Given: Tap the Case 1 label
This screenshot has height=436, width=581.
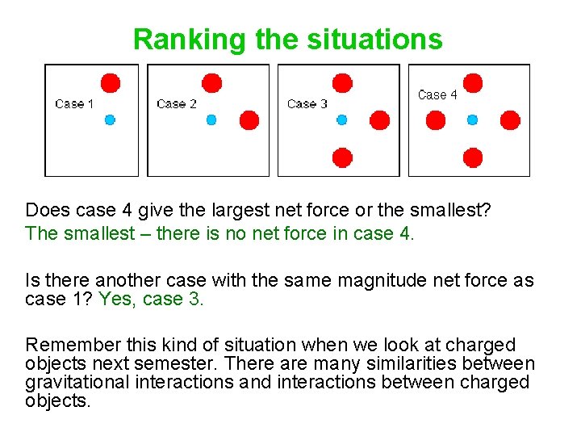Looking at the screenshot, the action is (74, 103).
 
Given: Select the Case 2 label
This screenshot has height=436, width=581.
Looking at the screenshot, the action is (177, 103).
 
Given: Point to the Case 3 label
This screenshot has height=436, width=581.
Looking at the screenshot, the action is (307, 103).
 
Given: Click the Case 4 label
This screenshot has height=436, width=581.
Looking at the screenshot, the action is (437, 94).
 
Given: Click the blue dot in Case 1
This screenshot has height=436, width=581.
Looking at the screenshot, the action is (110, 119).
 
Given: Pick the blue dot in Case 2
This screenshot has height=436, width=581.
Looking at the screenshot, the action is (211, 119).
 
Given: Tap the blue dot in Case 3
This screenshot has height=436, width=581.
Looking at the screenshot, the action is (341, 119).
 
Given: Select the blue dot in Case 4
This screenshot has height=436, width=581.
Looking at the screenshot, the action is (472, 119).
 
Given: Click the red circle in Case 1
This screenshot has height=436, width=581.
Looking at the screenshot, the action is (111, 82).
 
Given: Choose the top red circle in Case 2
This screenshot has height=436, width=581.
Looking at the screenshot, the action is (212, 82).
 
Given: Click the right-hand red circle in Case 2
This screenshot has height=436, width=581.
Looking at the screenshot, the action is (249, 120).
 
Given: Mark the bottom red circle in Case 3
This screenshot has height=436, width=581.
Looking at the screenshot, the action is (342, 157).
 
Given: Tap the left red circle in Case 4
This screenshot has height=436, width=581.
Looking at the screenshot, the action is (436, 120).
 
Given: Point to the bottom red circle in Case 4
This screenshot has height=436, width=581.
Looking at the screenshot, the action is (473, 157).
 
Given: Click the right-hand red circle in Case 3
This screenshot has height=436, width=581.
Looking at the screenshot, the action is (379, 120).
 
